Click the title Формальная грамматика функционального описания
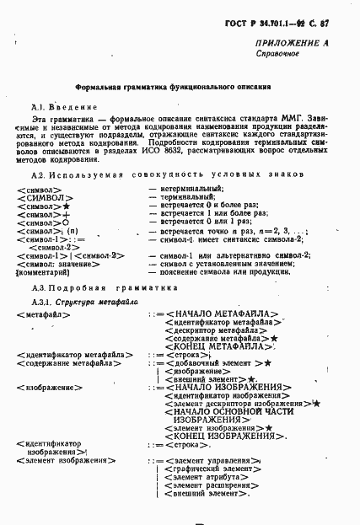(x=173, y=86)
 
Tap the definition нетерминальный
(x=193, y=190)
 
